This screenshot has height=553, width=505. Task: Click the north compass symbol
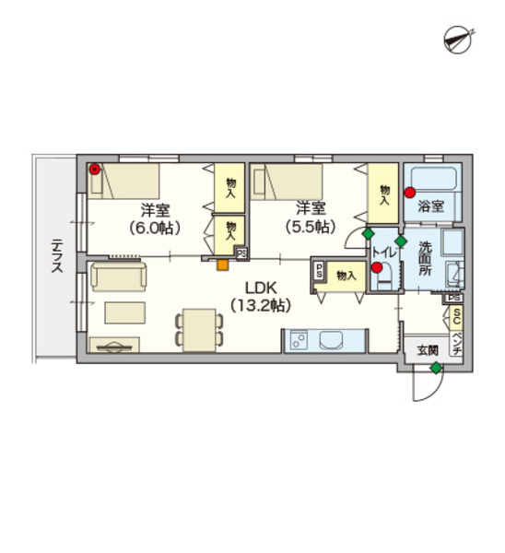point(458,39)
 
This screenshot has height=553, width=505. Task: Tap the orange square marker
point(222,265)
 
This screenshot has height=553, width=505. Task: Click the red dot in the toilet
point(377,267)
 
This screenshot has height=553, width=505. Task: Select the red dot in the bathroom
point(409,193)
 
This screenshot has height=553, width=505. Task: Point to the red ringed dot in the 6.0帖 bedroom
point(95,170)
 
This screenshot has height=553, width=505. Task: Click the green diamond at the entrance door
point(436,368)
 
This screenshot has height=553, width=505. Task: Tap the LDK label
point(262,288)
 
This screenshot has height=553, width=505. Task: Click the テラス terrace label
point(57,255)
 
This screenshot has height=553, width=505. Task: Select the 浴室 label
point(430,206)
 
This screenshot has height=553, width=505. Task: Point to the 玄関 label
point(428,350)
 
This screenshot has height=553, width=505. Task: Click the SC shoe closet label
point(456,316)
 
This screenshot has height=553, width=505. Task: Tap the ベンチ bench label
point(456,343)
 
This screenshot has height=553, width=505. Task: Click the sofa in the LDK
point(119,276)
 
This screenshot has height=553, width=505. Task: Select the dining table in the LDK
point(200,330)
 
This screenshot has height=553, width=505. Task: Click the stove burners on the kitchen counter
point(299,340)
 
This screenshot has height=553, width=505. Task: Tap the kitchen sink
point(331,340)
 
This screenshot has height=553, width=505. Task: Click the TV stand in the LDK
point(114,345)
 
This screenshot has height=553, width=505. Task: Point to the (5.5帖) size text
point(311,227)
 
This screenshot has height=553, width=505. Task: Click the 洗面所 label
point(425,258)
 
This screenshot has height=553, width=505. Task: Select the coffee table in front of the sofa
point(125,312)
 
